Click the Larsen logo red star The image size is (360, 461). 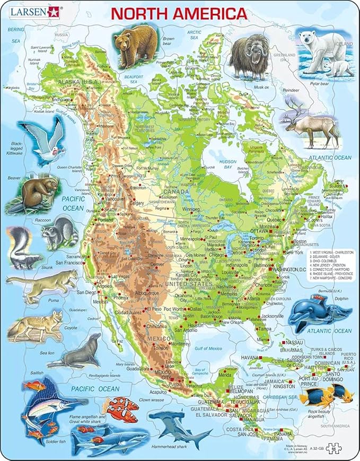(x=53, y=11)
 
